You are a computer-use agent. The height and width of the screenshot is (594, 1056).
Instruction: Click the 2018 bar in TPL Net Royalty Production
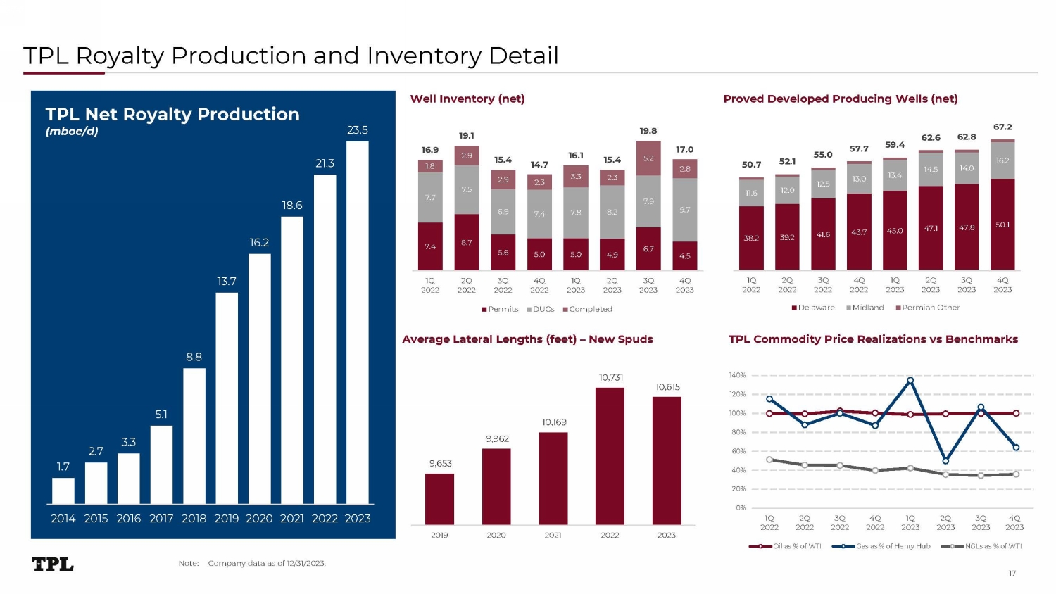[194, 436]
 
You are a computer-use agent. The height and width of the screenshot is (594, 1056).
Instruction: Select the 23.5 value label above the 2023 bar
[358, 130]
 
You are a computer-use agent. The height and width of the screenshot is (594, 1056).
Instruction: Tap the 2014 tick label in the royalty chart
[63, 519]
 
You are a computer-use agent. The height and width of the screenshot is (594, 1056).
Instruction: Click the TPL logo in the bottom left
[53, 564]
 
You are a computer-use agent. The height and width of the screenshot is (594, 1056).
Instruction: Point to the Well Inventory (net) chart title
[467, 99]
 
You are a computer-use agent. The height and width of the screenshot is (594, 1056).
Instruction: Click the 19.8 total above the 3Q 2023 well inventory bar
[648, 131]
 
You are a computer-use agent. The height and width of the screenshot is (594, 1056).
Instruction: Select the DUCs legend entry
[541, 309]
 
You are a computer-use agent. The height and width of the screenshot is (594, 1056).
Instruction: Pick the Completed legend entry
[588, 309]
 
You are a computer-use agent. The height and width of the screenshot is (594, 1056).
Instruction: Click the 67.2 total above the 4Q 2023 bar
[1002, 127]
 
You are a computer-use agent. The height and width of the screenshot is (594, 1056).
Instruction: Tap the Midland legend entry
[865, 308]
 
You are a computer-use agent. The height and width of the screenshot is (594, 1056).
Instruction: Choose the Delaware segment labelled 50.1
[1002, 225]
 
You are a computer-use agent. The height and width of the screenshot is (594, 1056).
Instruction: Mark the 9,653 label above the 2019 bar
[441, 463]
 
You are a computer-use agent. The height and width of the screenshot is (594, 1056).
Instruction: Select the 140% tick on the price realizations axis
[737, 376]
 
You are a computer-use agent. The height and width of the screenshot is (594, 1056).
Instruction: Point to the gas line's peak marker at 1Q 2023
[910, 381]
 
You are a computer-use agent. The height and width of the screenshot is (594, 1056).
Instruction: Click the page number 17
[1012, 573]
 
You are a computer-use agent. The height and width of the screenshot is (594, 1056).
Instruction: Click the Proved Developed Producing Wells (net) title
[841, 99]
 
